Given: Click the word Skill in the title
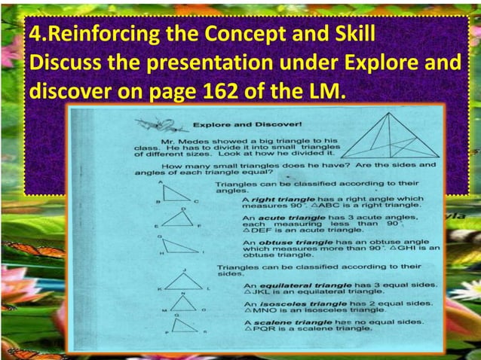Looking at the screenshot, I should point(349,35).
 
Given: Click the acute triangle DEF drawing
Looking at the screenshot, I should point(179,218).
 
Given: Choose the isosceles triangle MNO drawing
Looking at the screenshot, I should point(184,303).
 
